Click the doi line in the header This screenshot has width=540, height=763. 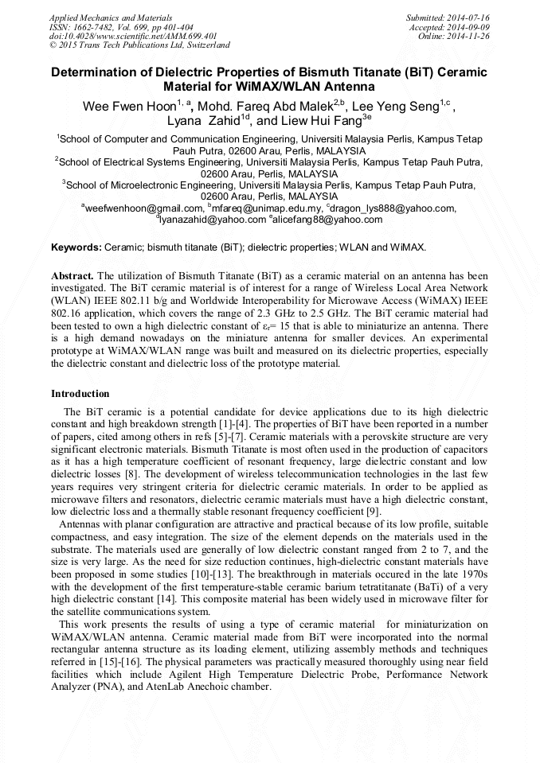click(x=133, y=36)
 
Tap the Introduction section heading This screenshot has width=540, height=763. click(x=80, y=394)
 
